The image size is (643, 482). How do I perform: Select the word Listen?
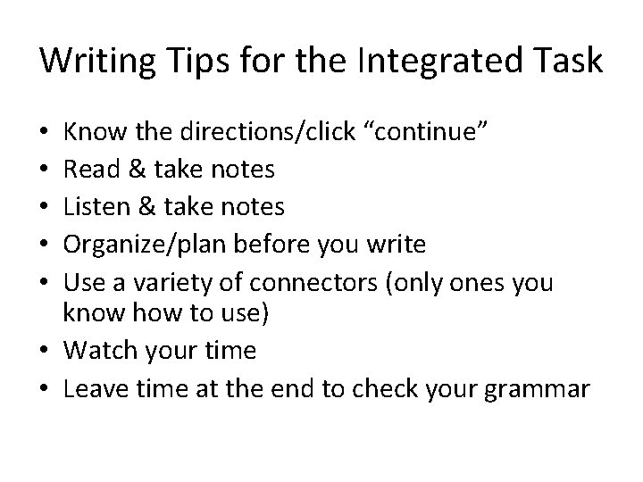[96, 207]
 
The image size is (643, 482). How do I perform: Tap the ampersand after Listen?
[146, 207]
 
